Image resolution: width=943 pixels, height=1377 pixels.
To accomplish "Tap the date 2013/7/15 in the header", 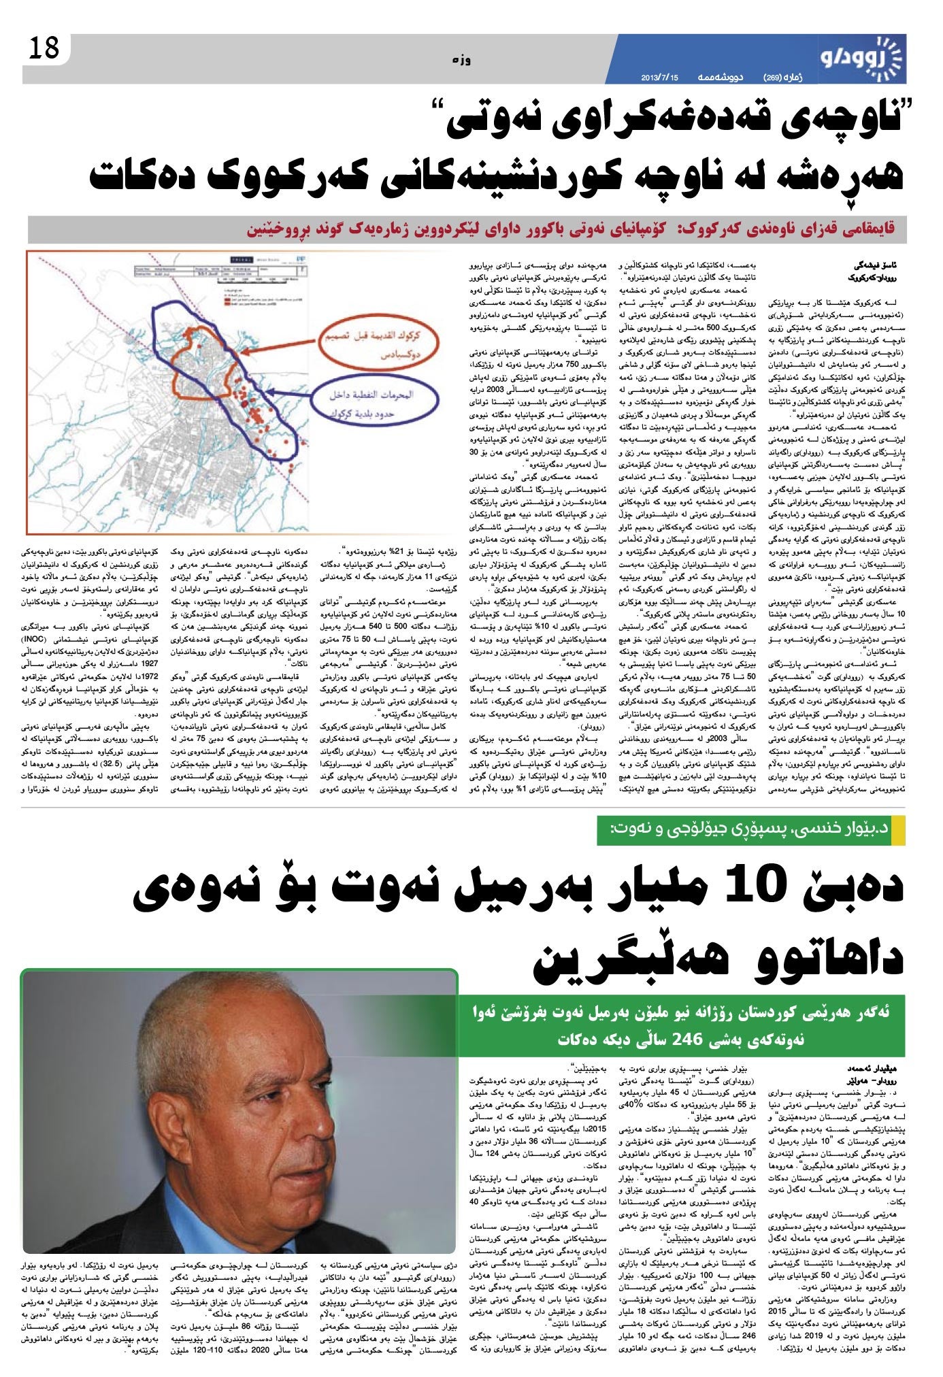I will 660,77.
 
